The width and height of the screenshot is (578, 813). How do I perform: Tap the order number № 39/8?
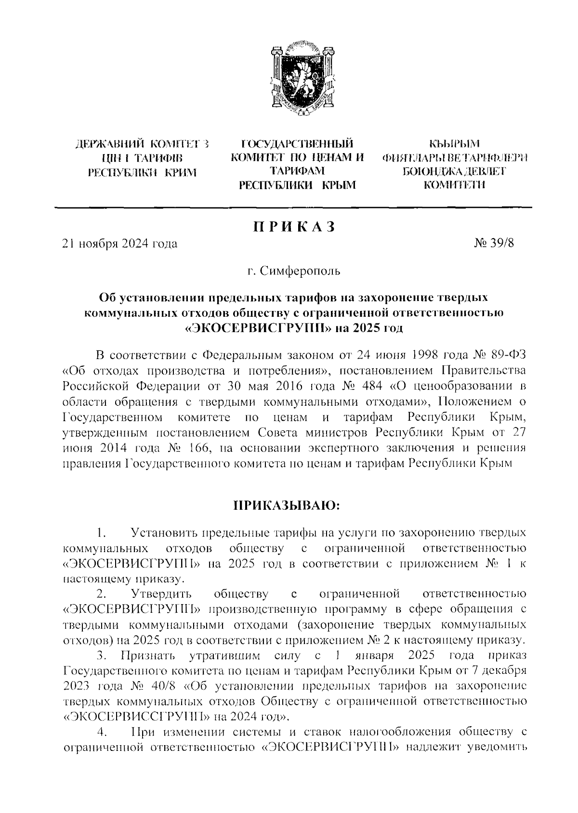coord(494,243)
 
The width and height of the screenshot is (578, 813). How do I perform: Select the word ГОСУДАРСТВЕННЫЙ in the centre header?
coord(297,143)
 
